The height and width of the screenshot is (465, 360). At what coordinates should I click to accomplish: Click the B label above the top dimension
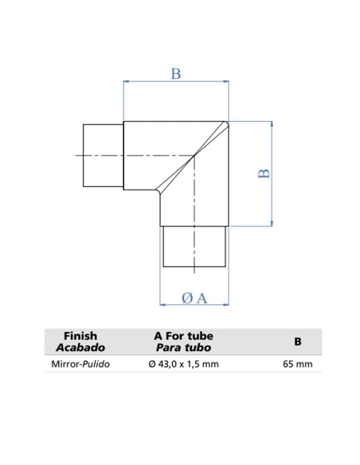tap(176, 73)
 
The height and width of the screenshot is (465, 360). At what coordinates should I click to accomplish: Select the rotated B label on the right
tap(264, 174)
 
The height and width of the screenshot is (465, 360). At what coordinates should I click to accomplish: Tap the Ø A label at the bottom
tap(194, 298)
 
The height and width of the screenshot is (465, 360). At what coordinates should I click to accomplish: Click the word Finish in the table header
tap(80, 336)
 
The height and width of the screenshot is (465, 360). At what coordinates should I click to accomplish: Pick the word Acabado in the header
tap(80, 347)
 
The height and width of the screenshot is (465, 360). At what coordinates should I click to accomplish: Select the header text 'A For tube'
tap(183, 336)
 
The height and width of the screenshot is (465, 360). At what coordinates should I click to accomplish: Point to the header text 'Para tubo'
tap(183, 347)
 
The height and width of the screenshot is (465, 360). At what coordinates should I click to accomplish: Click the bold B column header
tap(298, 342)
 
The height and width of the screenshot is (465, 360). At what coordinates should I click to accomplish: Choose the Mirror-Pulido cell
tap(80, 364)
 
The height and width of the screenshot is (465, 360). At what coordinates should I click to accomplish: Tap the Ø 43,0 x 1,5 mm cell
tap(183, 364)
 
